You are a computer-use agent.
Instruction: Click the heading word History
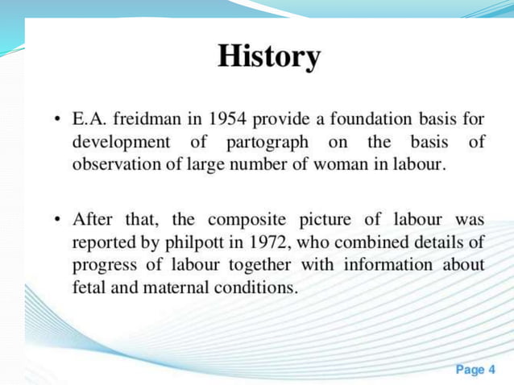[269, 57]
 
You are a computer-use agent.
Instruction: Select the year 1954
[228, 120]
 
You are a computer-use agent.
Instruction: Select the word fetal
[89, 287]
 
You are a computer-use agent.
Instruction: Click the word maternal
[174, 287]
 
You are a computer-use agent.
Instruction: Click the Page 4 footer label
[476, 370]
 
